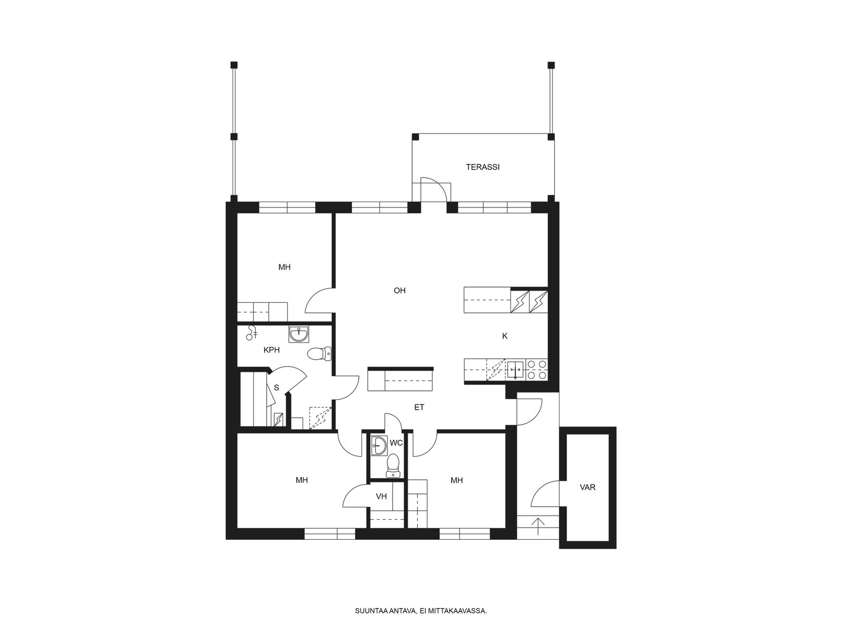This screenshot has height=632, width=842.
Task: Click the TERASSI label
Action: [x=483, y=167]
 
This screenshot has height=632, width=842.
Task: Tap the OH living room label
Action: [x=399, y=291]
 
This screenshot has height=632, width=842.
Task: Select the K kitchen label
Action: [x=505, y=336]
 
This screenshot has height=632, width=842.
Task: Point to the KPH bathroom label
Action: [x=272, y=350]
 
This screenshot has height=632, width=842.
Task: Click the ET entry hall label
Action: [x=419, y=407]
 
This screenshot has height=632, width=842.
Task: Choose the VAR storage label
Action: [x=587, y=487]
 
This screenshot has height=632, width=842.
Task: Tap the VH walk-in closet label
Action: [x=382, y=496]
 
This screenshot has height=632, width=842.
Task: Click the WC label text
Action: [x=396, y=443]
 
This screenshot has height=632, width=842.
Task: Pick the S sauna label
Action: [x=276, y=388]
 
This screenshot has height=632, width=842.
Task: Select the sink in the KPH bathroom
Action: [x=298, y=334]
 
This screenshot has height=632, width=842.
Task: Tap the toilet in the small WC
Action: [x=393, y=466]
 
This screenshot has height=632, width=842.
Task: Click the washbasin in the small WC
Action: [x=379, y=446]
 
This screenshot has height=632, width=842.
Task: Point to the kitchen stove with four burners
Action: [x=537, y=369]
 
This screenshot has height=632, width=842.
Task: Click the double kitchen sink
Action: [x=516, y=369]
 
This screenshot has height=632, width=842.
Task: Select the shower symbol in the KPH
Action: [x=252, y=333]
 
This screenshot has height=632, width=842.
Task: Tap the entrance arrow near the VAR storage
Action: [x=539, y=526]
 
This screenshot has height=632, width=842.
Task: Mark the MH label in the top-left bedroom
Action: [x=284, y=267]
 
